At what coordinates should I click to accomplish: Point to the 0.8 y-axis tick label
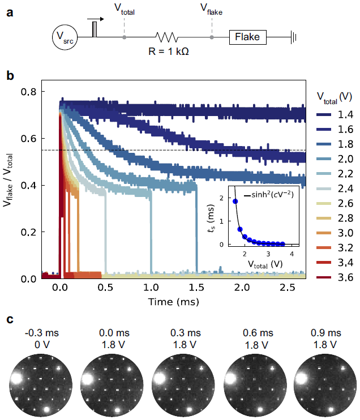point(28,92)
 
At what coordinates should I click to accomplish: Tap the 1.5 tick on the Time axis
point(196,286)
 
